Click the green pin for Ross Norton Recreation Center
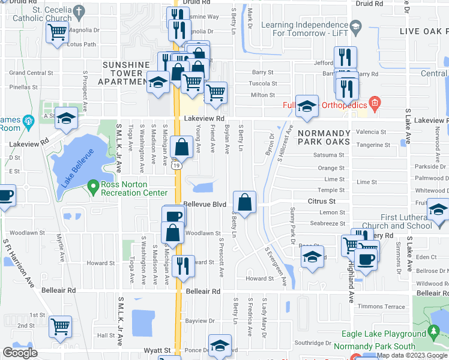pyautogui.click(x=92, y=187)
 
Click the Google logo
pyautogui.click(x=20, y=353)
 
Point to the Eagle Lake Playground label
pyautogui.click(x=384, y=334)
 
